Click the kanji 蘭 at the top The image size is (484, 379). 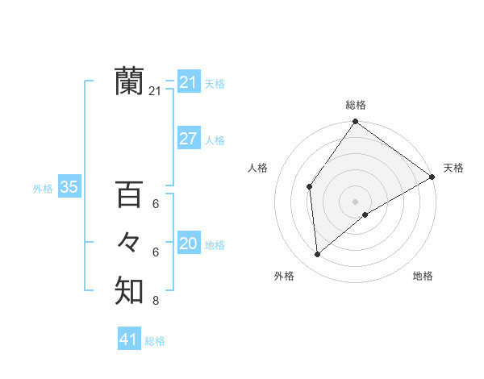click(x=129, y=81)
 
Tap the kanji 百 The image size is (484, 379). click(x=129, y=195)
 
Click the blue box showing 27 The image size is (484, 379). click(x=188, y=139)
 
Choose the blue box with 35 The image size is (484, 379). click(x=69, y=188)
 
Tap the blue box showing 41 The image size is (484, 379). click(x=129, y=339)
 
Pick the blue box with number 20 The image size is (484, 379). click(x=188, y=244)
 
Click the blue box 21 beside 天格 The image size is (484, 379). click(x=188, y=82)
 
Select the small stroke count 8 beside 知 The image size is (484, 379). click(x=156, y=302)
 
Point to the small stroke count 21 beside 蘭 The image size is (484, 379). click(x=155, y=92)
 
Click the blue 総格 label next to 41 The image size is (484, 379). click(x=155, y=341)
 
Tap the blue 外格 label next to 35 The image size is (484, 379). click(x=43, y=189)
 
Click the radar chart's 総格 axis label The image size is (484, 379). click(x=355, y=105)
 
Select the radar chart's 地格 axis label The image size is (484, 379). click(x=423, y=277)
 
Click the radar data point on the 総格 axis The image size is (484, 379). click(x=355, y=122)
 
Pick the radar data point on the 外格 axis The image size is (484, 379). click(x=318, y=254)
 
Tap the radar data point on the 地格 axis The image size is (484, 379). click(x=365, y=214)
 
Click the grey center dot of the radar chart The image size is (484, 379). click(x=355, y=201)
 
